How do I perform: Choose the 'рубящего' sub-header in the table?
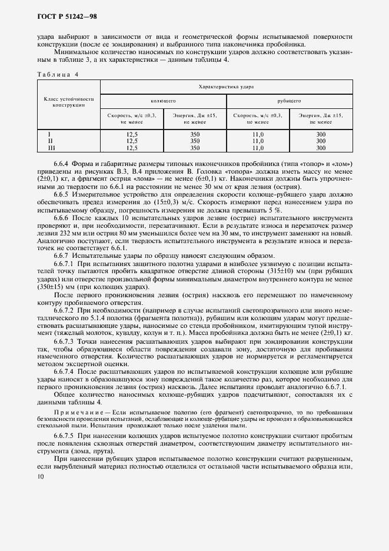290,101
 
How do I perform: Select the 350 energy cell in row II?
195,141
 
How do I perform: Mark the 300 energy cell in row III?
321,148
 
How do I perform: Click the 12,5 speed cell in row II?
132,141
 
